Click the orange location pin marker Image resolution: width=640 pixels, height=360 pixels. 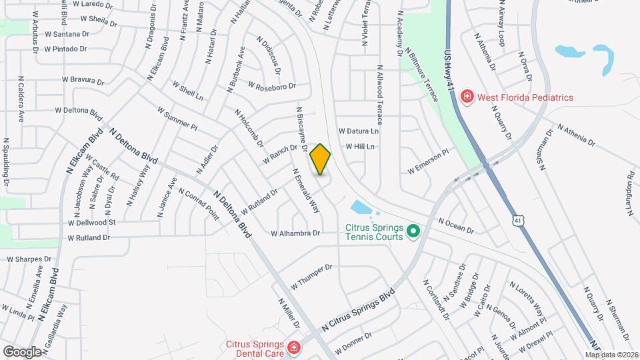320,159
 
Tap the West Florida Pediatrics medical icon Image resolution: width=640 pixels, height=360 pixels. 467,97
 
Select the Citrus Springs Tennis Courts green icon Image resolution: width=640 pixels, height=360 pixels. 413,231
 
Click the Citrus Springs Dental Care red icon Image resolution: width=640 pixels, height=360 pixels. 292,347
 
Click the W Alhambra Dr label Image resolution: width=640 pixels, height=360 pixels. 295,233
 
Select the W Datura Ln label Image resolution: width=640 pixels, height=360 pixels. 358,131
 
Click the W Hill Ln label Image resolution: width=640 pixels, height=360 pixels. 360,147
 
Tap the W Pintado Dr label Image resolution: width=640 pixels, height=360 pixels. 65,49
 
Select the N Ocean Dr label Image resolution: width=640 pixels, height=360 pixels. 456,225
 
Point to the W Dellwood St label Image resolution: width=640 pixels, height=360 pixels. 92,222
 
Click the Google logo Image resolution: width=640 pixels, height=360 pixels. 22,351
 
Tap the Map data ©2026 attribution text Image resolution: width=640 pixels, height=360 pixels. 611,355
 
